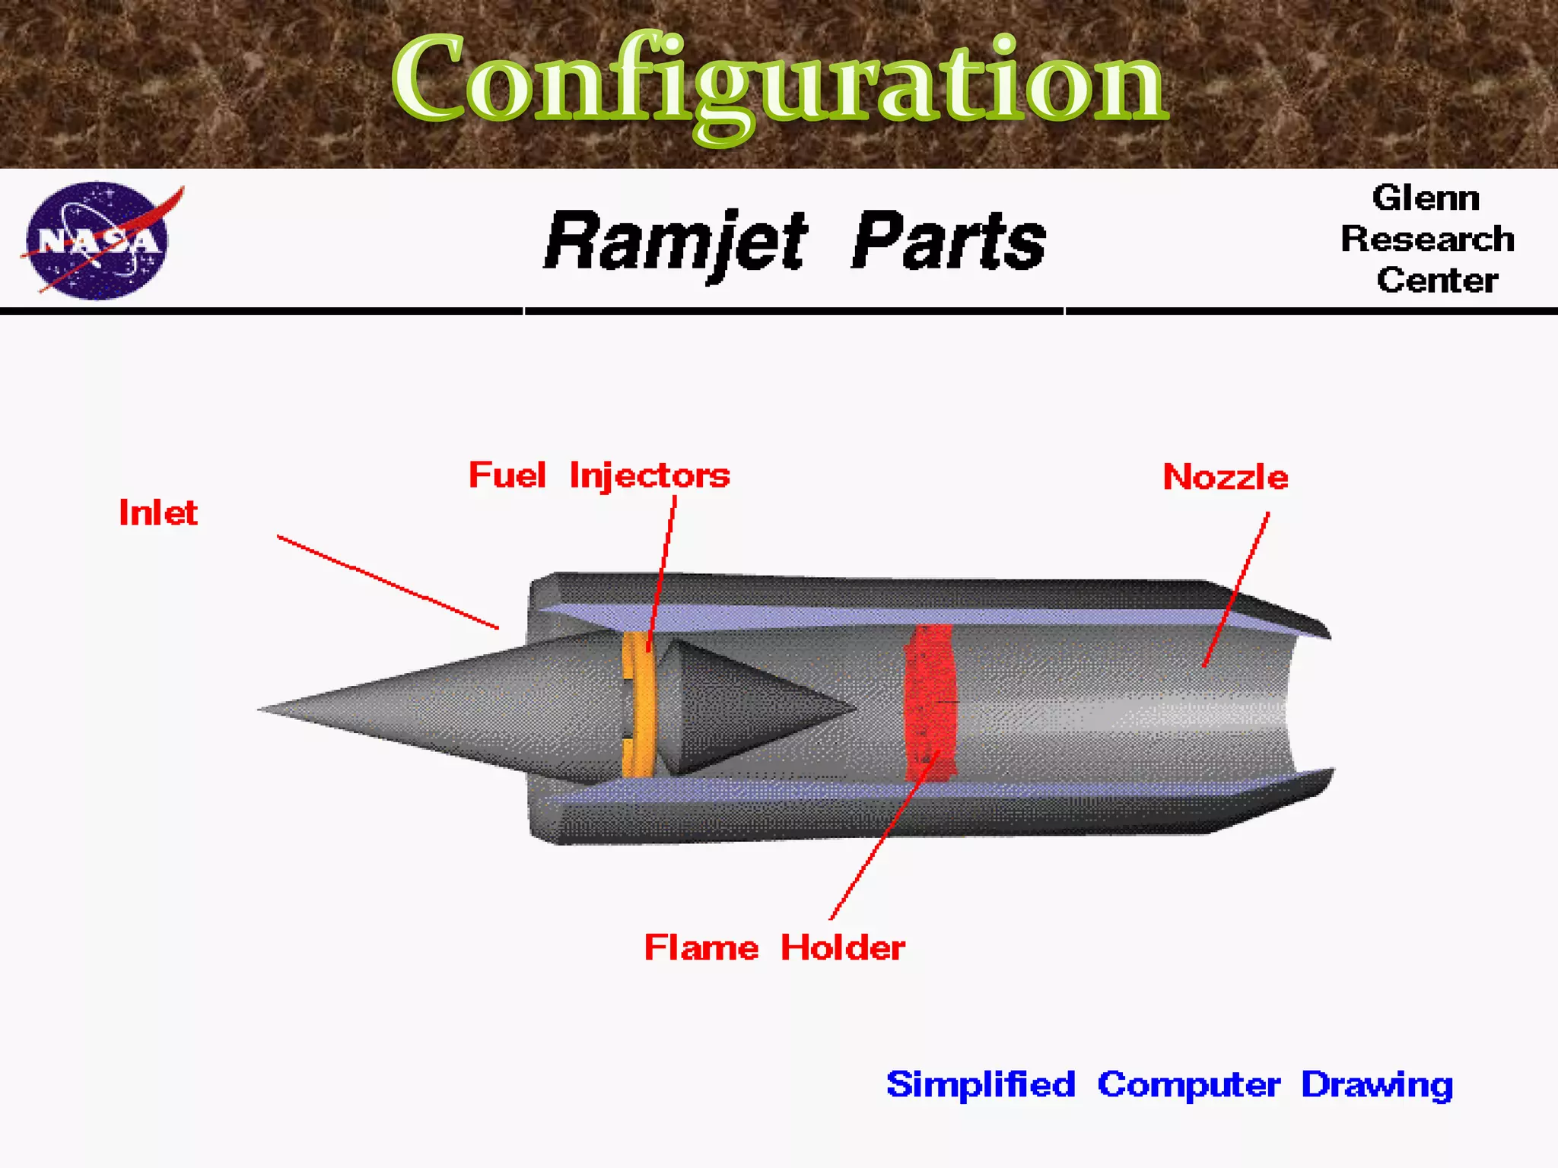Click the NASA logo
tap(97, 240)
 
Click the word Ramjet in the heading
tap(676, 242)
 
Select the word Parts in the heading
tap(948, 242)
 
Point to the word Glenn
tap(1426, 198)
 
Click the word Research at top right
tap(1427, 240)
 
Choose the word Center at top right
tap(1437, 281)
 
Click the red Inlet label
tap(158, 513)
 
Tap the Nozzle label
tap(1226, 478)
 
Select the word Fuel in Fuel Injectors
tap(507, 476)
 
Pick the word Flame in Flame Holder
tap(701, 948)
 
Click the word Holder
tap(843, 948)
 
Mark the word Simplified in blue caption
tap(981, 1084)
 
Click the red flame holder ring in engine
tap(929, 703)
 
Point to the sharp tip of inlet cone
tap(261, 709)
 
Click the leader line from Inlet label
tap(388, 582)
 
